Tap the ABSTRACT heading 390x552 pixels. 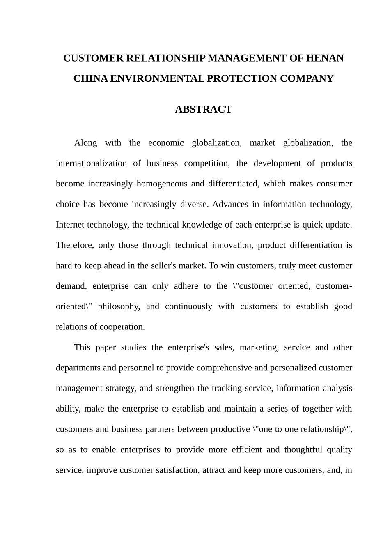[x=203, y=109]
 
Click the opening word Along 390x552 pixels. [x=85, y=143]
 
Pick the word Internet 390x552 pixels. [x=71, y=225]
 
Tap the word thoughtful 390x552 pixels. [x=303, y=449]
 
